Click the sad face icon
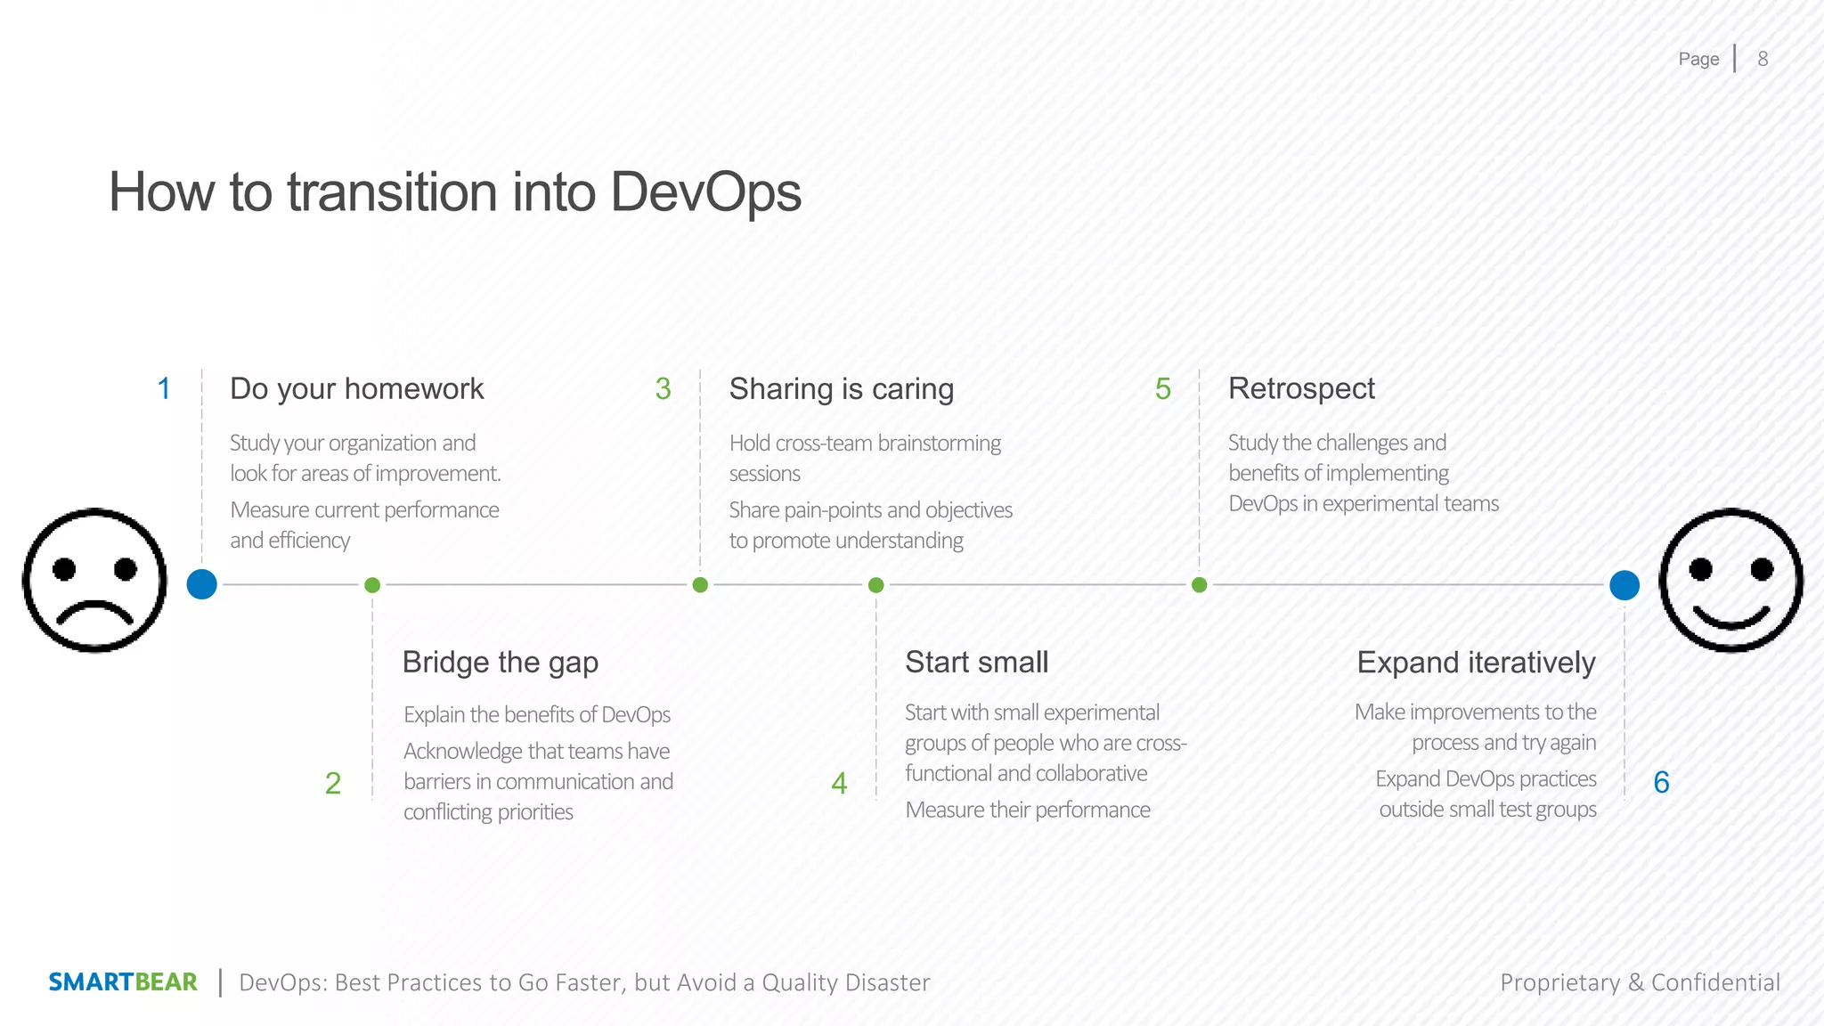pos(94,581)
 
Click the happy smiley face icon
pos(1730,581)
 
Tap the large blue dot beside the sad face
pos(202,584)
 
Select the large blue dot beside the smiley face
pos(1624,585)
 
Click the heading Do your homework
pos(356,389)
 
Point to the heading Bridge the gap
pos(500,663)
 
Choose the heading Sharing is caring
pos(841,389)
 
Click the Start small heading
pos(976,663)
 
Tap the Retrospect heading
pos(1301,389)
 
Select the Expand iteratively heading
pos(1476,663)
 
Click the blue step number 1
pos(164,389)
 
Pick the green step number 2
pos(333,784)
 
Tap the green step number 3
pos(663,389)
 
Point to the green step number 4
pos(839,784)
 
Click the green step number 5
pos(1162,389)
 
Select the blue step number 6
pos(1661,783)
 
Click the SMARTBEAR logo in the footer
pos(123,982)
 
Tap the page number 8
pos(1763,59)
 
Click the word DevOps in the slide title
pos(705,192)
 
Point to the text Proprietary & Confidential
pos(1640,982)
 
